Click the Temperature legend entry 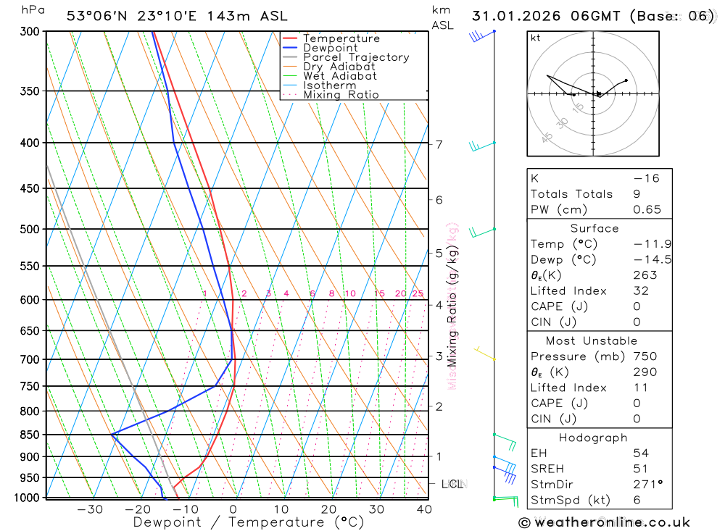[341, 38]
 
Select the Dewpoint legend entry [330, 48]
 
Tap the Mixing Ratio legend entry [341, 94]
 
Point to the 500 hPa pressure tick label [30, 229]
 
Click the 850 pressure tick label [30, 435]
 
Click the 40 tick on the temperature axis [424, 509]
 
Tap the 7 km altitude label [439, 144]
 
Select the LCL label [453, 483]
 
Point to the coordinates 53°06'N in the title [94, 16]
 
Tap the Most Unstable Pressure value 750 [645, 356]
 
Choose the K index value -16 [646, 178]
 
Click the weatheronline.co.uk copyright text [604, 522]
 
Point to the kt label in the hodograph [535, 38]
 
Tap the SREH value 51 [640, 469]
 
